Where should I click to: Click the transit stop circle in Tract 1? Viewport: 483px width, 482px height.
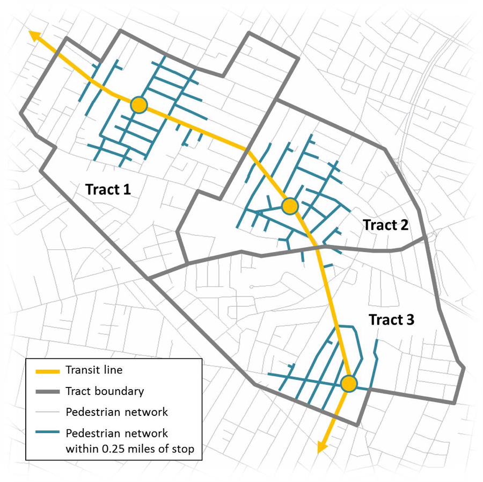click(x=139, y=105)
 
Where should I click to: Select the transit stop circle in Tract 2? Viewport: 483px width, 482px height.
click(x=290, y=205)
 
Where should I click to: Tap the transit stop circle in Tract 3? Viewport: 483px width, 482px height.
click(x=349, y=384)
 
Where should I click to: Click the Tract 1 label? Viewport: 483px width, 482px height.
click(x=108, y=189)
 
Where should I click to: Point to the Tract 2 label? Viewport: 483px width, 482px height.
click(x=385, y=225)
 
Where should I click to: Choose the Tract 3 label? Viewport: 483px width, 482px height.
click(x=391, y=320)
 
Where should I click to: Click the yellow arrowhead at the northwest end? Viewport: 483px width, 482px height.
click(x=35, y=36)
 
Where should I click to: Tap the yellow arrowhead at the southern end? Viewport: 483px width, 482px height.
click(x=321, y=447)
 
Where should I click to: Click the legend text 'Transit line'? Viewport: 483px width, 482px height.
click(x=94, y=370)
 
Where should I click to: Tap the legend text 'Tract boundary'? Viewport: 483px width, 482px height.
click(x=105, y=391)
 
